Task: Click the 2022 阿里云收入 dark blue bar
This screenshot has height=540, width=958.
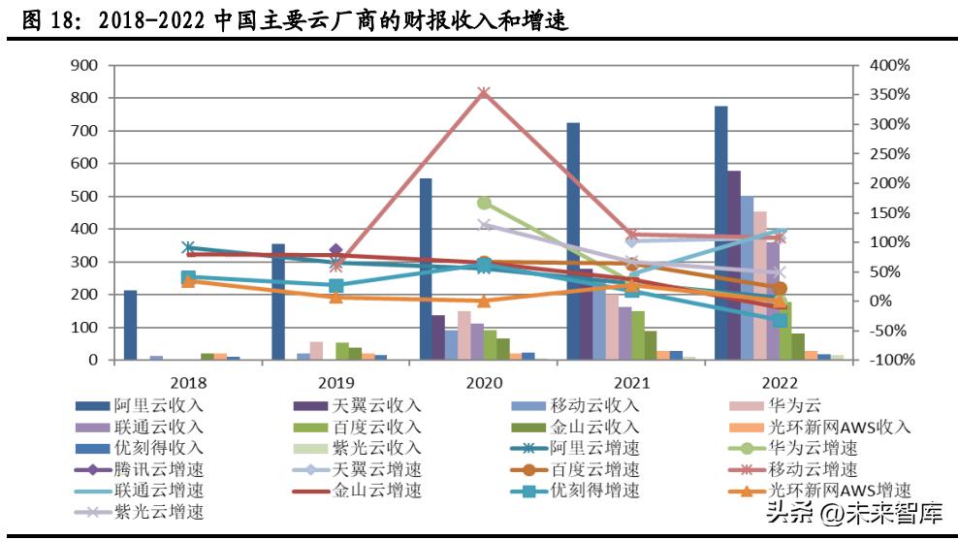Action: click(x=720, y=233)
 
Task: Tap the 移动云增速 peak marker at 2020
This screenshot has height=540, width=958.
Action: click(x=484, y=94)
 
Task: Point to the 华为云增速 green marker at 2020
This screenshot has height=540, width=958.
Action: click(x=484, y=204)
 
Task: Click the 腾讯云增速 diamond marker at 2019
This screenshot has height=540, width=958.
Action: click(x=336, y=251)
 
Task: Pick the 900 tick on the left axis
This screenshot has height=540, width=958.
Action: click(x=85, y=65)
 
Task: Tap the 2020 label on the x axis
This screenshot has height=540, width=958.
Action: click(x=484, y=382)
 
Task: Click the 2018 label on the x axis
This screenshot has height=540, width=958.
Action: click(x=188, y=382)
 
